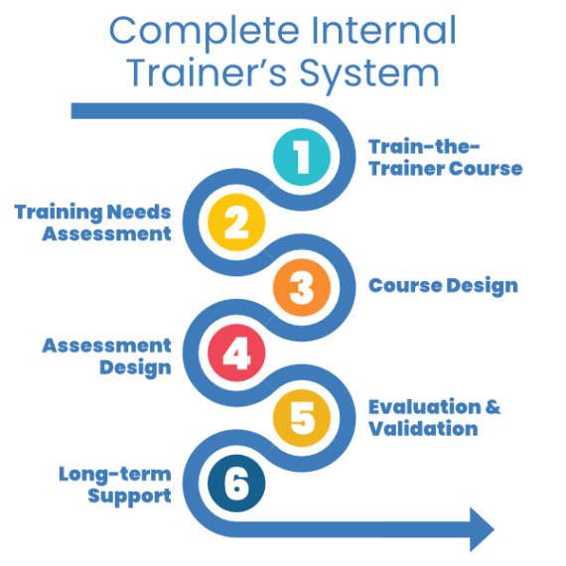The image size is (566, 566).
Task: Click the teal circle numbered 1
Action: tap(302, 157)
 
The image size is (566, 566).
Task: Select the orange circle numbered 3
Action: tap(302, 288)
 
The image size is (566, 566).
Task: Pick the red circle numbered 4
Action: tap(236, 354)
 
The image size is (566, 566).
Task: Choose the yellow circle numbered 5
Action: tap(302, 419)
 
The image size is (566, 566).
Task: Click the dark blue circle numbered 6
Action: tap(236, 485)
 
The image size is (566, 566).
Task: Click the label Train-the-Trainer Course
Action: tap(445, 157)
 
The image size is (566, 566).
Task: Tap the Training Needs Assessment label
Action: tap(92, 222)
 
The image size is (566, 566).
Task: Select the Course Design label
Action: tap(443, 286)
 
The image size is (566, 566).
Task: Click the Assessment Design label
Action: tap(106, 355)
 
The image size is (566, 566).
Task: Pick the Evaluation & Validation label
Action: tap(434, 418)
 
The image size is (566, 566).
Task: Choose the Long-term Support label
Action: tap(115, 484)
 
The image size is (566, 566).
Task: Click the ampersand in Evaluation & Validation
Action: tap(493, 408)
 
